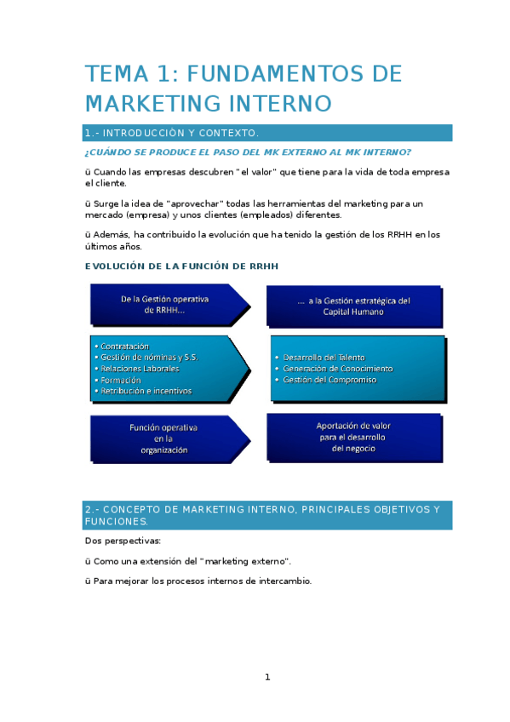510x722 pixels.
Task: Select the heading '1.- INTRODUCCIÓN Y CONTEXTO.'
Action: click(171, 134)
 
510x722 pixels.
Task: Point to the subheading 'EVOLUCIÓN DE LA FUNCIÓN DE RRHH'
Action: click(181, 266)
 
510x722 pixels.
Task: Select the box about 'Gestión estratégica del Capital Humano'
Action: click(353, 306)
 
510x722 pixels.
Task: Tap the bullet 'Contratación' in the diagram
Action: click(124, 347)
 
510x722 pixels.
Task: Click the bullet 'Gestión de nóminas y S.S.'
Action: click(149, 358)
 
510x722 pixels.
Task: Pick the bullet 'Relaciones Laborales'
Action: click(140, 369)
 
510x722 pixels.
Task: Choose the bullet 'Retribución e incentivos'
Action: click(146, 391)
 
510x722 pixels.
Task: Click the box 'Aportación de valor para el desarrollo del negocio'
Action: click(353, 437)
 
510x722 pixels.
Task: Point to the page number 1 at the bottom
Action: click(267, 677)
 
